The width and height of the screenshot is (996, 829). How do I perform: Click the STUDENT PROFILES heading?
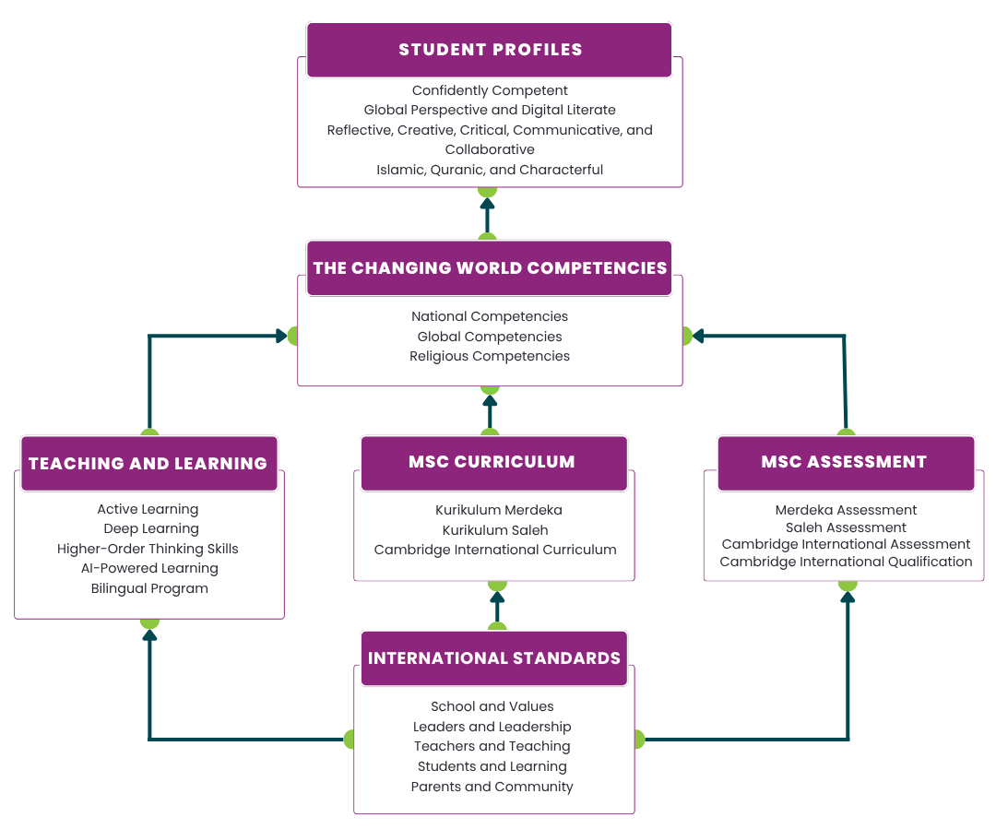tap(490, 50)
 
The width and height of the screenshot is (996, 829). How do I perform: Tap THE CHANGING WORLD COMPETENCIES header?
tap(490, 268)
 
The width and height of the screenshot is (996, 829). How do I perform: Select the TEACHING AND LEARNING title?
tap(148, 464)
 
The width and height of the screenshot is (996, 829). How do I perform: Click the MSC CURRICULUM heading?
tap(492, 462)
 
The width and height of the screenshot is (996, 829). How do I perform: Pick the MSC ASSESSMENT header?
tap(844, 462)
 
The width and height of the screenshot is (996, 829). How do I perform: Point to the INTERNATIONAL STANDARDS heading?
tap(493, 658)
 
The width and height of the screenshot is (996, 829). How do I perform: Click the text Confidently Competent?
tap(490, 90)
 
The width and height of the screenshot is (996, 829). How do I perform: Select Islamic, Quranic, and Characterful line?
tap(490, 170)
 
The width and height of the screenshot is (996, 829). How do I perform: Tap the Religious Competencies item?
tap(490, 356)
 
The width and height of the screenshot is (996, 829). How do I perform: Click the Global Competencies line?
tap(490, 337)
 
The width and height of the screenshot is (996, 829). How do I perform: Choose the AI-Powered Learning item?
tap(149, 568)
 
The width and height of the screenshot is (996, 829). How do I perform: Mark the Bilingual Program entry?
tap(149, 588)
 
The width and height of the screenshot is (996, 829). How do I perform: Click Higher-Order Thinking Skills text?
tap(148, 549)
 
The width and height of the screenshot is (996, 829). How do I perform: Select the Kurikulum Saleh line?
tap(495, 530)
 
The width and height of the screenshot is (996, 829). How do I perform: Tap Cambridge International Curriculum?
tap(495, 550)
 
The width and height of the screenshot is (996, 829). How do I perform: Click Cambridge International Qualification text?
tap(846, 562)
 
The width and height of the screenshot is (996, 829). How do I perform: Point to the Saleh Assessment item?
tap(846, 527)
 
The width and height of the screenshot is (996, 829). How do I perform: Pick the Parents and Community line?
tap(492, 787)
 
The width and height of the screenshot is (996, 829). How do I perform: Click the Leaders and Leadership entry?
tap(492, 727)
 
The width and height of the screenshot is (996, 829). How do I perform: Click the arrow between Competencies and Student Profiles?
tap(487, 215)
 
